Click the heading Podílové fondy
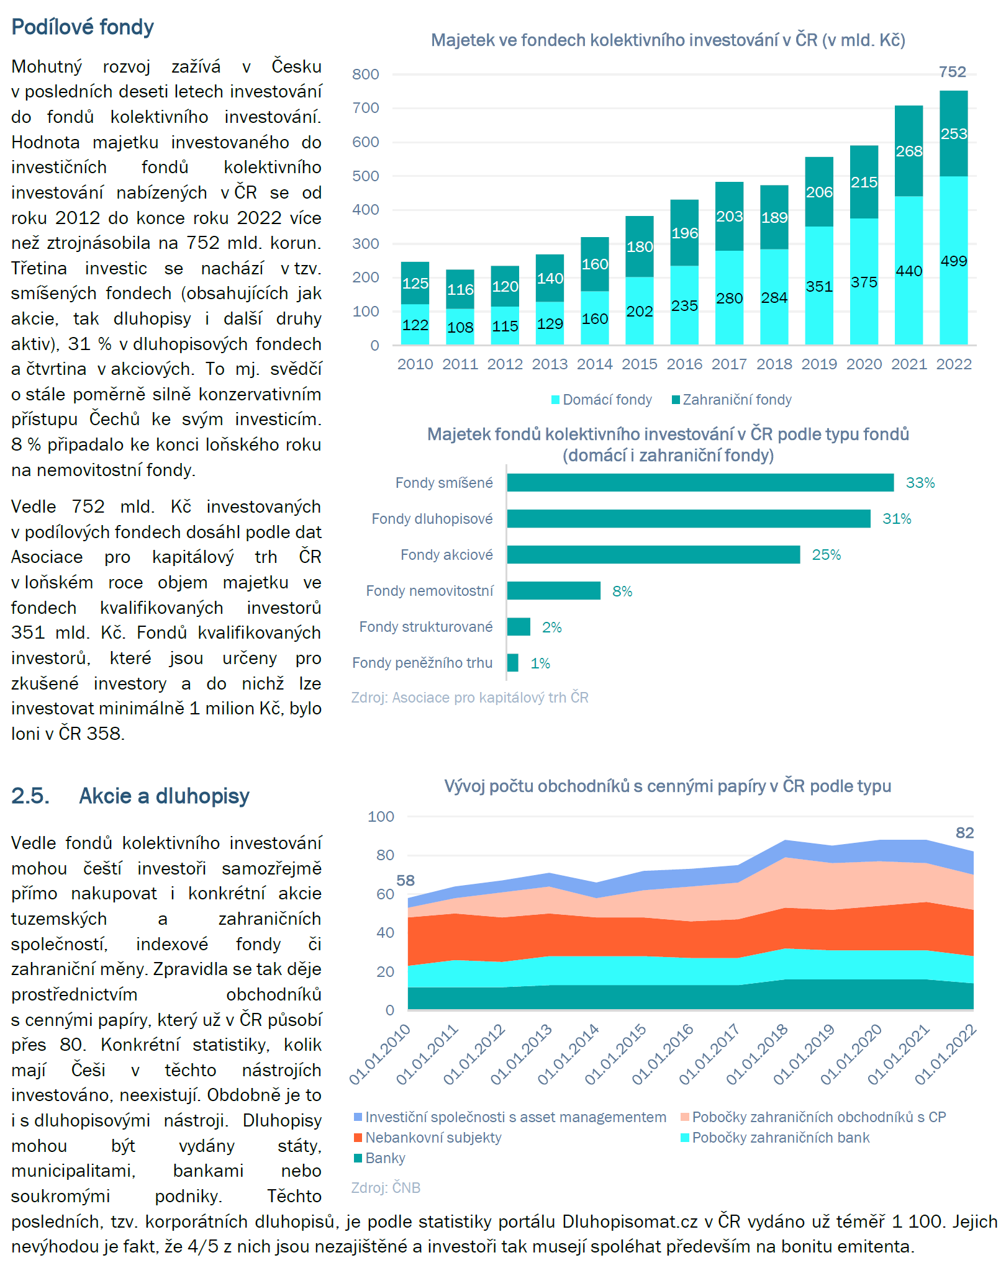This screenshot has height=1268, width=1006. pos(83,27)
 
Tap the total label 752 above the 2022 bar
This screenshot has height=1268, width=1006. pos(953,72)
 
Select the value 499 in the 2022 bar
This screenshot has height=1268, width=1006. pos(954,261)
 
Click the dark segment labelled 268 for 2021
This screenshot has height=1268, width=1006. pos(909,151)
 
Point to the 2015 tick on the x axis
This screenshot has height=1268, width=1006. pos(640,364)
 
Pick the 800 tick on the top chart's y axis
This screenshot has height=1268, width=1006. pos(366,74)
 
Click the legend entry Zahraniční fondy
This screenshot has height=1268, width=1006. pos(732,400)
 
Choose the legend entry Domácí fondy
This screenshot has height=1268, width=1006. pos(602,400)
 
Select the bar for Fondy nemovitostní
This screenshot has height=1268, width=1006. pos(554,591)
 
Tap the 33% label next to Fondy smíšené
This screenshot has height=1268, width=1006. pos(920,483)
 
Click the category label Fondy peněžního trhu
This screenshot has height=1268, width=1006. pos(422,663)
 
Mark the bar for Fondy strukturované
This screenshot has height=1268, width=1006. pos(519,627)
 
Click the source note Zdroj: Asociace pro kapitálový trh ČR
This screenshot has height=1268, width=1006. pos(470,698)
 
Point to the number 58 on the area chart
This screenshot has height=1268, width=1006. pos(406,880)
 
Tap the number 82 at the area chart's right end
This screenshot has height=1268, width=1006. pos(964,832)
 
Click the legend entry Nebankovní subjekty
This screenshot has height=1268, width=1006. pos(427,1138)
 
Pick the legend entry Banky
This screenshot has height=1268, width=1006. pos(379,1158)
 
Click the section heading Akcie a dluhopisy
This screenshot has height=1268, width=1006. pos(164,796)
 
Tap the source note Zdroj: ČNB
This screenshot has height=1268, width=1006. pos(386,1187)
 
